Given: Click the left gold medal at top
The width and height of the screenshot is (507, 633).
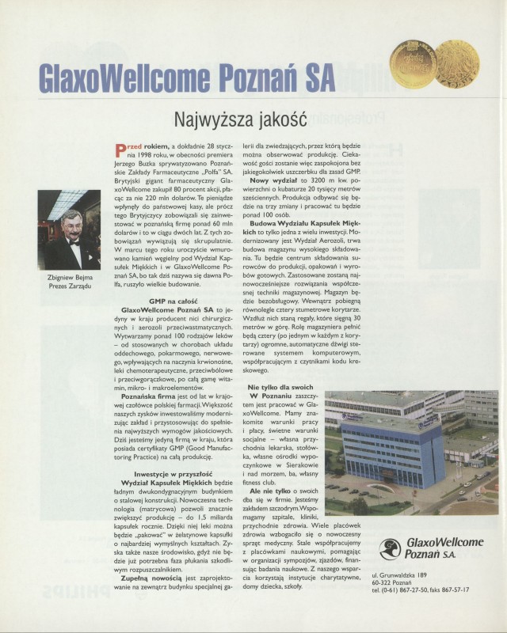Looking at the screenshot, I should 414,64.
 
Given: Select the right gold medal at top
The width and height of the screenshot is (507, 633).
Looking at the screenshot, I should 456,63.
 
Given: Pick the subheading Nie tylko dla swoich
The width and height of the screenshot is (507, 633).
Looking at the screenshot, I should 281,387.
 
